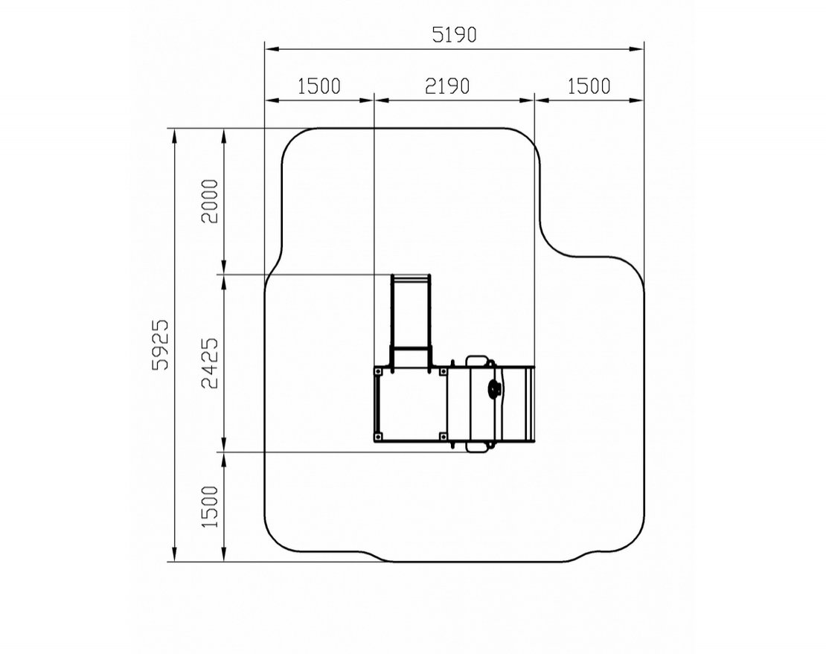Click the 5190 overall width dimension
click(454, 35)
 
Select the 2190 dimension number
click(447, 86)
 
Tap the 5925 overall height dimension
click(160, 344)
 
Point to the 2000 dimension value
click(210, 201)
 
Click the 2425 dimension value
click(210, 363)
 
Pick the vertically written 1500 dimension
click(210, 507)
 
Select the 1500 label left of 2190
click(319, 86)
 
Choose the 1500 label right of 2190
click(589, 86)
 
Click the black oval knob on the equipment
click(494, 390)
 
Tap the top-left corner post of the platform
click(378, 372)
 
